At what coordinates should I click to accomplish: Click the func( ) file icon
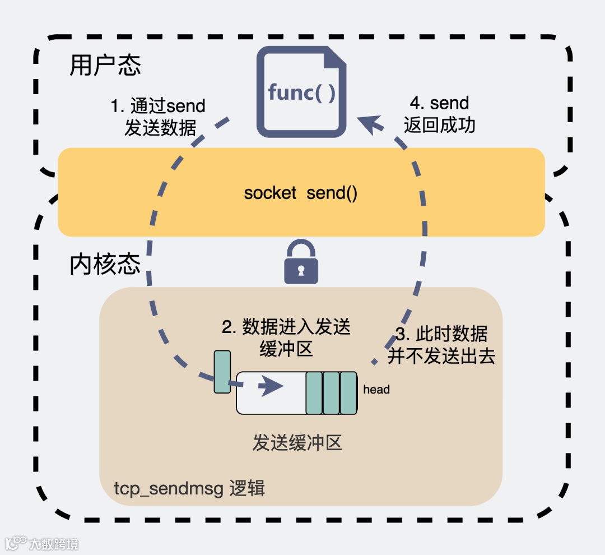coord(301,92)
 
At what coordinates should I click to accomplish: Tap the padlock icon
coord(301,262)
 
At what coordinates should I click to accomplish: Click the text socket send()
coord(301,193)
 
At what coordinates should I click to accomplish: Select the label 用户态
coord(105,65)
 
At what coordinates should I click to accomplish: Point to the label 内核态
coord(105,265)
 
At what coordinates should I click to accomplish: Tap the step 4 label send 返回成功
coord(440,114)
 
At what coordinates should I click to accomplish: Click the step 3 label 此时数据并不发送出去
coord(441,345)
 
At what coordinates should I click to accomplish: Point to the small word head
coord(376,389)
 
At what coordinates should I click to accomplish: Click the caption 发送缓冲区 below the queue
coord(297,443)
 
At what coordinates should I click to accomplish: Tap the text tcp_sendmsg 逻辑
coord(189,488)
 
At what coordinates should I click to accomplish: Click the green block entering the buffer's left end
coord(222,372)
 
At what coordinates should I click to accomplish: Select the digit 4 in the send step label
coord(416,103)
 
